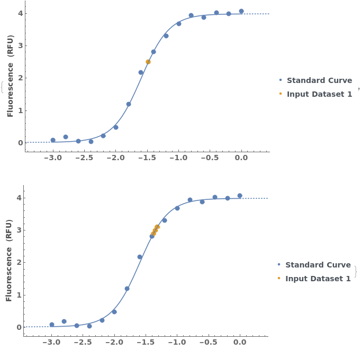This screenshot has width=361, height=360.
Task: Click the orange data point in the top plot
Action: (x=148, y=62)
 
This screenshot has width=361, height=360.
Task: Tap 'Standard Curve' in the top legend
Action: (x=319, y=80)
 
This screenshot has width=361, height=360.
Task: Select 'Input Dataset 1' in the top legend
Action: (x=319, y=94)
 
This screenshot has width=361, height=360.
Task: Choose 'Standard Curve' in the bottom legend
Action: (x=318, y=265)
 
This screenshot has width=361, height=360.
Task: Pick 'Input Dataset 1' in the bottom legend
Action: (x=318, y=279)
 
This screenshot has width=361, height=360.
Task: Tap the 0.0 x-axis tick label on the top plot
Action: (x=241, y=158)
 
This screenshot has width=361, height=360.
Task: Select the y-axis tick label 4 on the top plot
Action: (x=20, y=13)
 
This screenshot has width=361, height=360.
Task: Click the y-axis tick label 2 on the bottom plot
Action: (x=19, y=263)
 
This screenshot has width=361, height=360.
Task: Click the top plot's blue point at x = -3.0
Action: (x=53, y=140)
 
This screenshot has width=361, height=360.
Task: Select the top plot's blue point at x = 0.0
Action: (x=241, y=11)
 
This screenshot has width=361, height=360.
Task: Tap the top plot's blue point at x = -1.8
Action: (x=129, y=104)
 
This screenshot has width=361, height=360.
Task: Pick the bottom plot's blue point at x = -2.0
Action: (x=114, y=312)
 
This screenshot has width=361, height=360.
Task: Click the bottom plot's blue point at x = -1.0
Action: (x=177, y=208)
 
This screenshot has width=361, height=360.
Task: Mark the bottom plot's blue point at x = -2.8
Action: (x=64, y=321)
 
